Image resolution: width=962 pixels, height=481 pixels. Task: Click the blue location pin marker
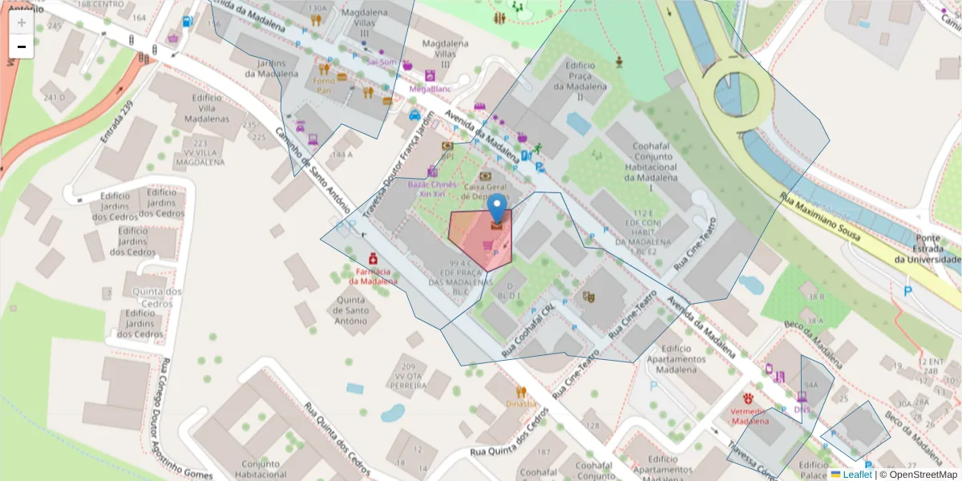[x=498, y=208]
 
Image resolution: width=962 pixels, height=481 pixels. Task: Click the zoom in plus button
[x=22, y=22]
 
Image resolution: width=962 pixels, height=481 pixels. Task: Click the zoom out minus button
[x=22, y=46]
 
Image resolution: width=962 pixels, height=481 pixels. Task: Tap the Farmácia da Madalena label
[x=373, y=276]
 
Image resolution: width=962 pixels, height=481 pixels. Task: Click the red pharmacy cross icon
[x=373, y=259]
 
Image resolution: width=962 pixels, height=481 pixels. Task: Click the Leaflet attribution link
[x=857, y=475]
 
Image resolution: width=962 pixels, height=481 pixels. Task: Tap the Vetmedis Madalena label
[x=750, y=415]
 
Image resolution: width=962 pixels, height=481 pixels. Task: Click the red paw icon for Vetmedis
[x=749, y=398]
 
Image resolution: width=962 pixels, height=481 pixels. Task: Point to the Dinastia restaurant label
[x=521, y=404]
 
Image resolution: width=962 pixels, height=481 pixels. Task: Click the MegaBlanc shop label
[x=430, y=89]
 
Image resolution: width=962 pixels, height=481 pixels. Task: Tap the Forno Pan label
[x=323, y=85]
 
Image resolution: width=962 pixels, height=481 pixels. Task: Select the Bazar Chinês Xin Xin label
[x=433, y=189]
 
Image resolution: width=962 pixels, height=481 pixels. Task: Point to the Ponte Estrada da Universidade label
[x=928, y=249]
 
